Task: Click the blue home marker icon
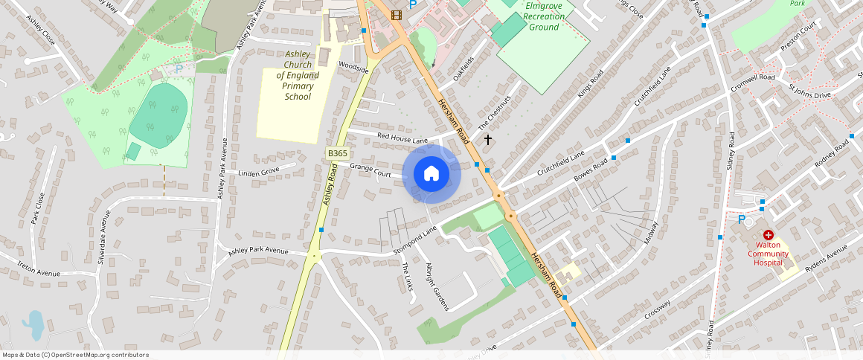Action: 431,174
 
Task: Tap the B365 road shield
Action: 337,153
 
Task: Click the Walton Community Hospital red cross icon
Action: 768,234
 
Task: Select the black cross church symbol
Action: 488,139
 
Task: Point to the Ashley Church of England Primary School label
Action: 298,75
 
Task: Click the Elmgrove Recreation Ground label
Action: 543,16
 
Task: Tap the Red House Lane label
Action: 402,138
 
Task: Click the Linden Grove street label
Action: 258,173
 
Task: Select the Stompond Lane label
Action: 415,241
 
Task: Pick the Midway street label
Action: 649,234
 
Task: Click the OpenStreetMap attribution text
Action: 74,355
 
